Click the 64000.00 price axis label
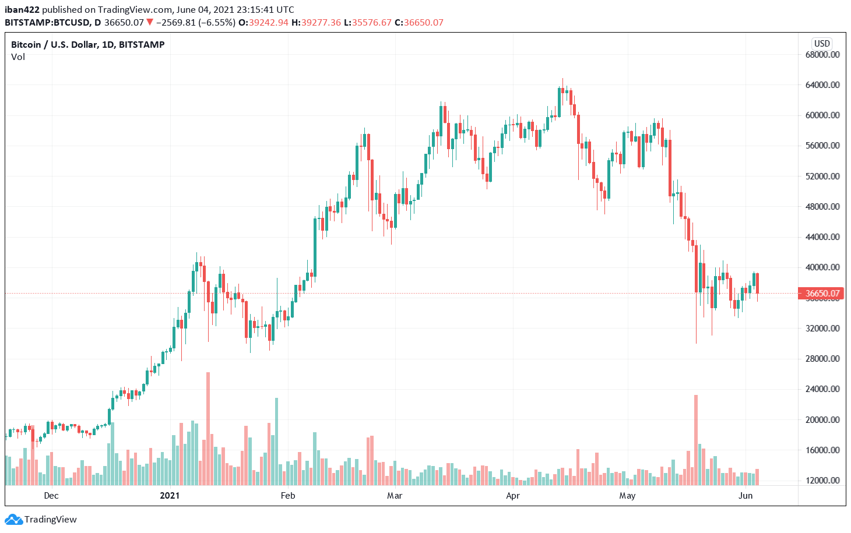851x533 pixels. pos(822,85)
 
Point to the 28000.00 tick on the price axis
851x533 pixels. pos(822,359)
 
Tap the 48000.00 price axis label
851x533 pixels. pos(822,207)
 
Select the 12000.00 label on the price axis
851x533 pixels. pos(822,481)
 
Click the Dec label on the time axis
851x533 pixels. pos(51,496)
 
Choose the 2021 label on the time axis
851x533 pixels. pos(170,496)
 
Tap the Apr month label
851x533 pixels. pos(513,496)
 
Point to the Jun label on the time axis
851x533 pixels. pos(745,496)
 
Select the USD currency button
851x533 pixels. pos(822,44)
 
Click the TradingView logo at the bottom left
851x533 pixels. pos(41,520)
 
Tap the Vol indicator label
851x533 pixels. pos(18,57)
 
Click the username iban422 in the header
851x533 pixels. pos(22,9)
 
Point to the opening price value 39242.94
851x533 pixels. pos(268,23)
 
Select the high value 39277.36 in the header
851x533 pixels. pos(320,23)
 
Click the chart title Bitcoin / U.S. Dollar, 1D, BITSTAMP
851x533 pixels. pos(88,45)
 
